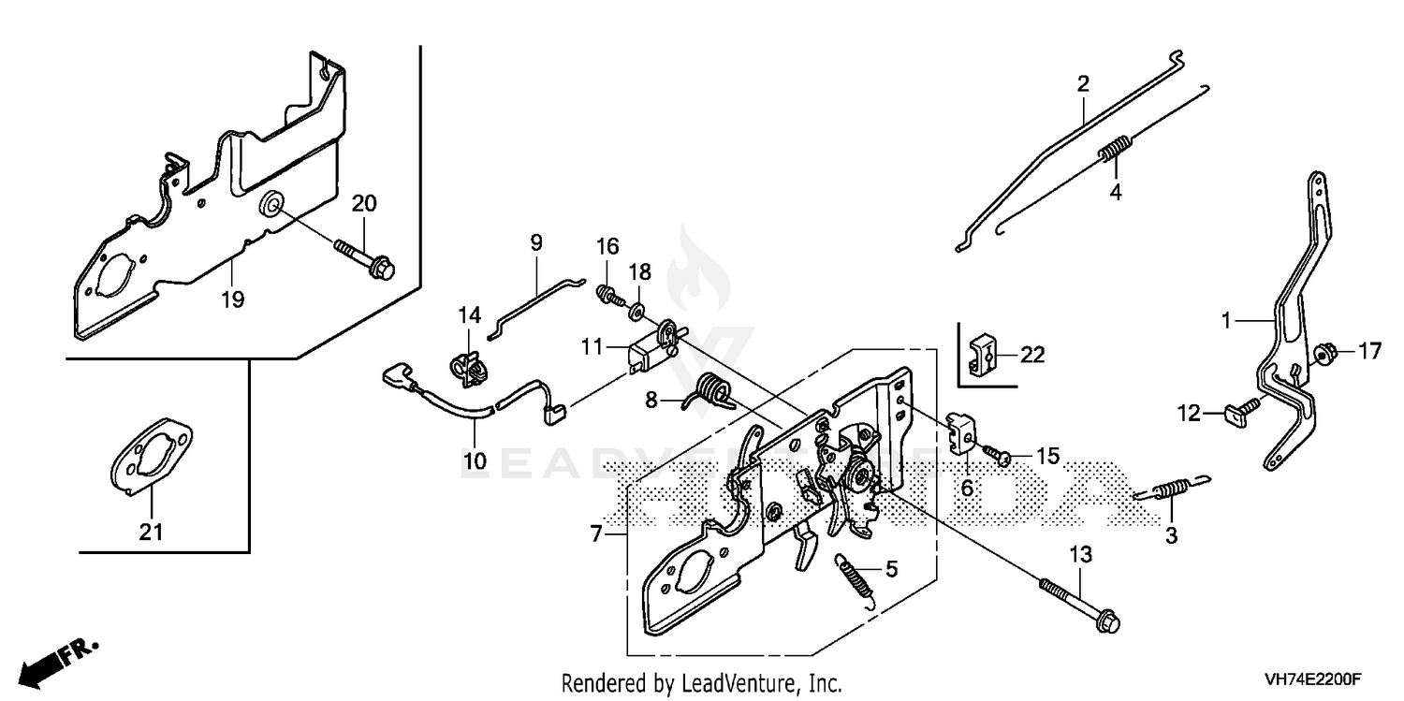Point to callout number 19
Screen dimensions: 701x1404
tap(232, 299)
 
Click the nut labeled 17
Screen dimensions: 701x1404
tap(1320, 354)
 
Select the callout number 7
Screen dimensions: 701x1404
tap(596, 534)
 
